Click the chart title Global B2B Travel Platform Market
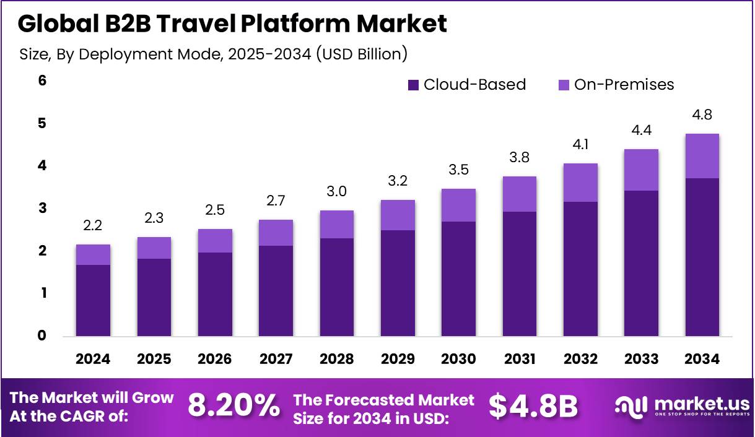pos(232,24)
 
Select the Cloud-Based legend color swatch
pos(413,85)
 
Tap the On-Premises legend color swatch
pos(564,85)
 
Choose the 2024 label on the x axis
pos(93,359)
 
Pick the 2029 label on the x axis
pos(398,359)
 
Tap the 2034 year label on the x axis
pos(702,359)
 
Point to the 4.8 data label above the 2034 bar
pos(702,115)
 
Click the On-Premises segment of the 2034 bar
pos(702,156)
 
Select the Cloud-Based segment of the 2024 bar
pos(93,300)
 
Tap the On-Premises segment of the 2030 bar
pos(458,205)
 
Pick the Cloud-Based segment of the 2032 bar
pos(580,269)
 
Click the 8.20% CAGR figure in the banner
pos(233,407)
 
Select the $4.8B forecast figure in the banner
pos(533,407)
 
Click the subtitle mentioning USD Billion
pos(213,54)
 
